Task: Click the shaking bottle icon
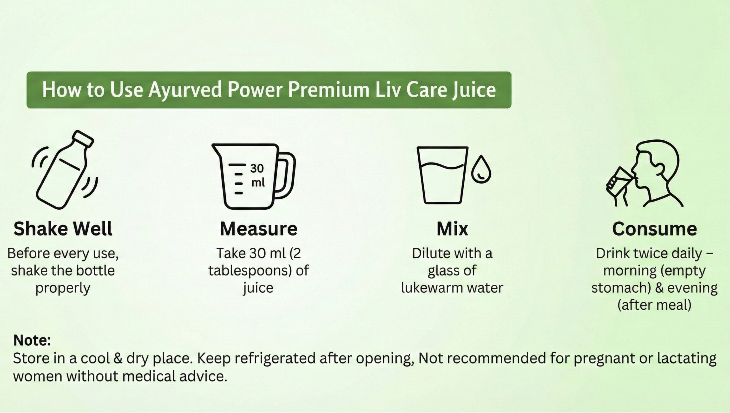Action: pos(65,170)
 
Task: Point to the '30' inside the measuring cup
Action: pos(257,169)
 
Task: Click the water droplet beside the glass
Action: pos(481,170)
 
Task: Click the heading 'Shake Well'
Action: pos(63,229)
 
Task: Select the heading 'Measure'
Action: pos(259,229)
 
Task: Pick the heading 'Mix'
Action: pos(452,229)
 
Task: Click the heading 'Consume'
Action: pos(654,229)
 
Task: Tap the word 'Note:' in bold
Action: pos(32,340)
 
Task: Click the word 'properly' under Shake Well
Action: pos(63,288)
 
